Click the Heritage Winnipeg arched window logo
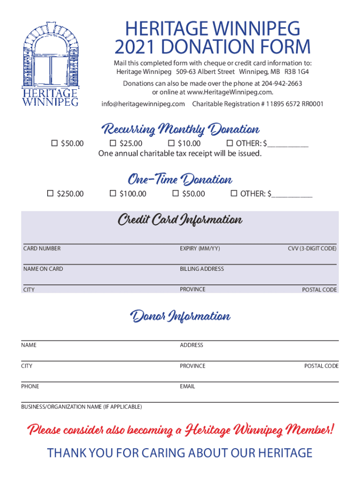click(x=50, y=63)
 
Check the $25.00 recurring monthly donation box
click(x=113, y=143)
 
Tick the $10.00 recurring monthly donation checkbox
click(x=171, y=143)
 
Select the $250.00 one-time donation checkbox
click(x=50, y=193)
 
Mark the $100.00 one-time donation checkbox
click(x=113, y=193)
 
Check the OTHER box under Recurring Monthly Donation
click(x=230, y=143)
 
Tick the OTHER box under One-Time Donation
click(x=234, y=193)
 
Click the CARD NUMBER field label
click(x=42, y=248)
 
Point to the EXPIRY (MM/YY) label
click(x=200, y=248)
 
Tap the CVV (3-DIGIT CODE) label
click(x=312, y=248)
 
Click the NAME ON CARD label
click(x=43, y=269)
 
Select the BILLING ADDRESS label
click(x=202, y=269)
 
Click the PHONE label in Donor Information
click(x=30, y=386)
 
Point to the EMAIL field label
click(x=187, y=386)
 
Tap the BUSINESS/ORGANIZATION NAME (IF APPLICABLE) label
click(x=81, y=407)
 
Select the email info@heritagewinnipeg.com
click(x=143, y=104)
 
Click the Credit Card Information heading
click(x=180, y=220)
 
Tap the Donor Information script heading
click(x=180, y=317)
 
